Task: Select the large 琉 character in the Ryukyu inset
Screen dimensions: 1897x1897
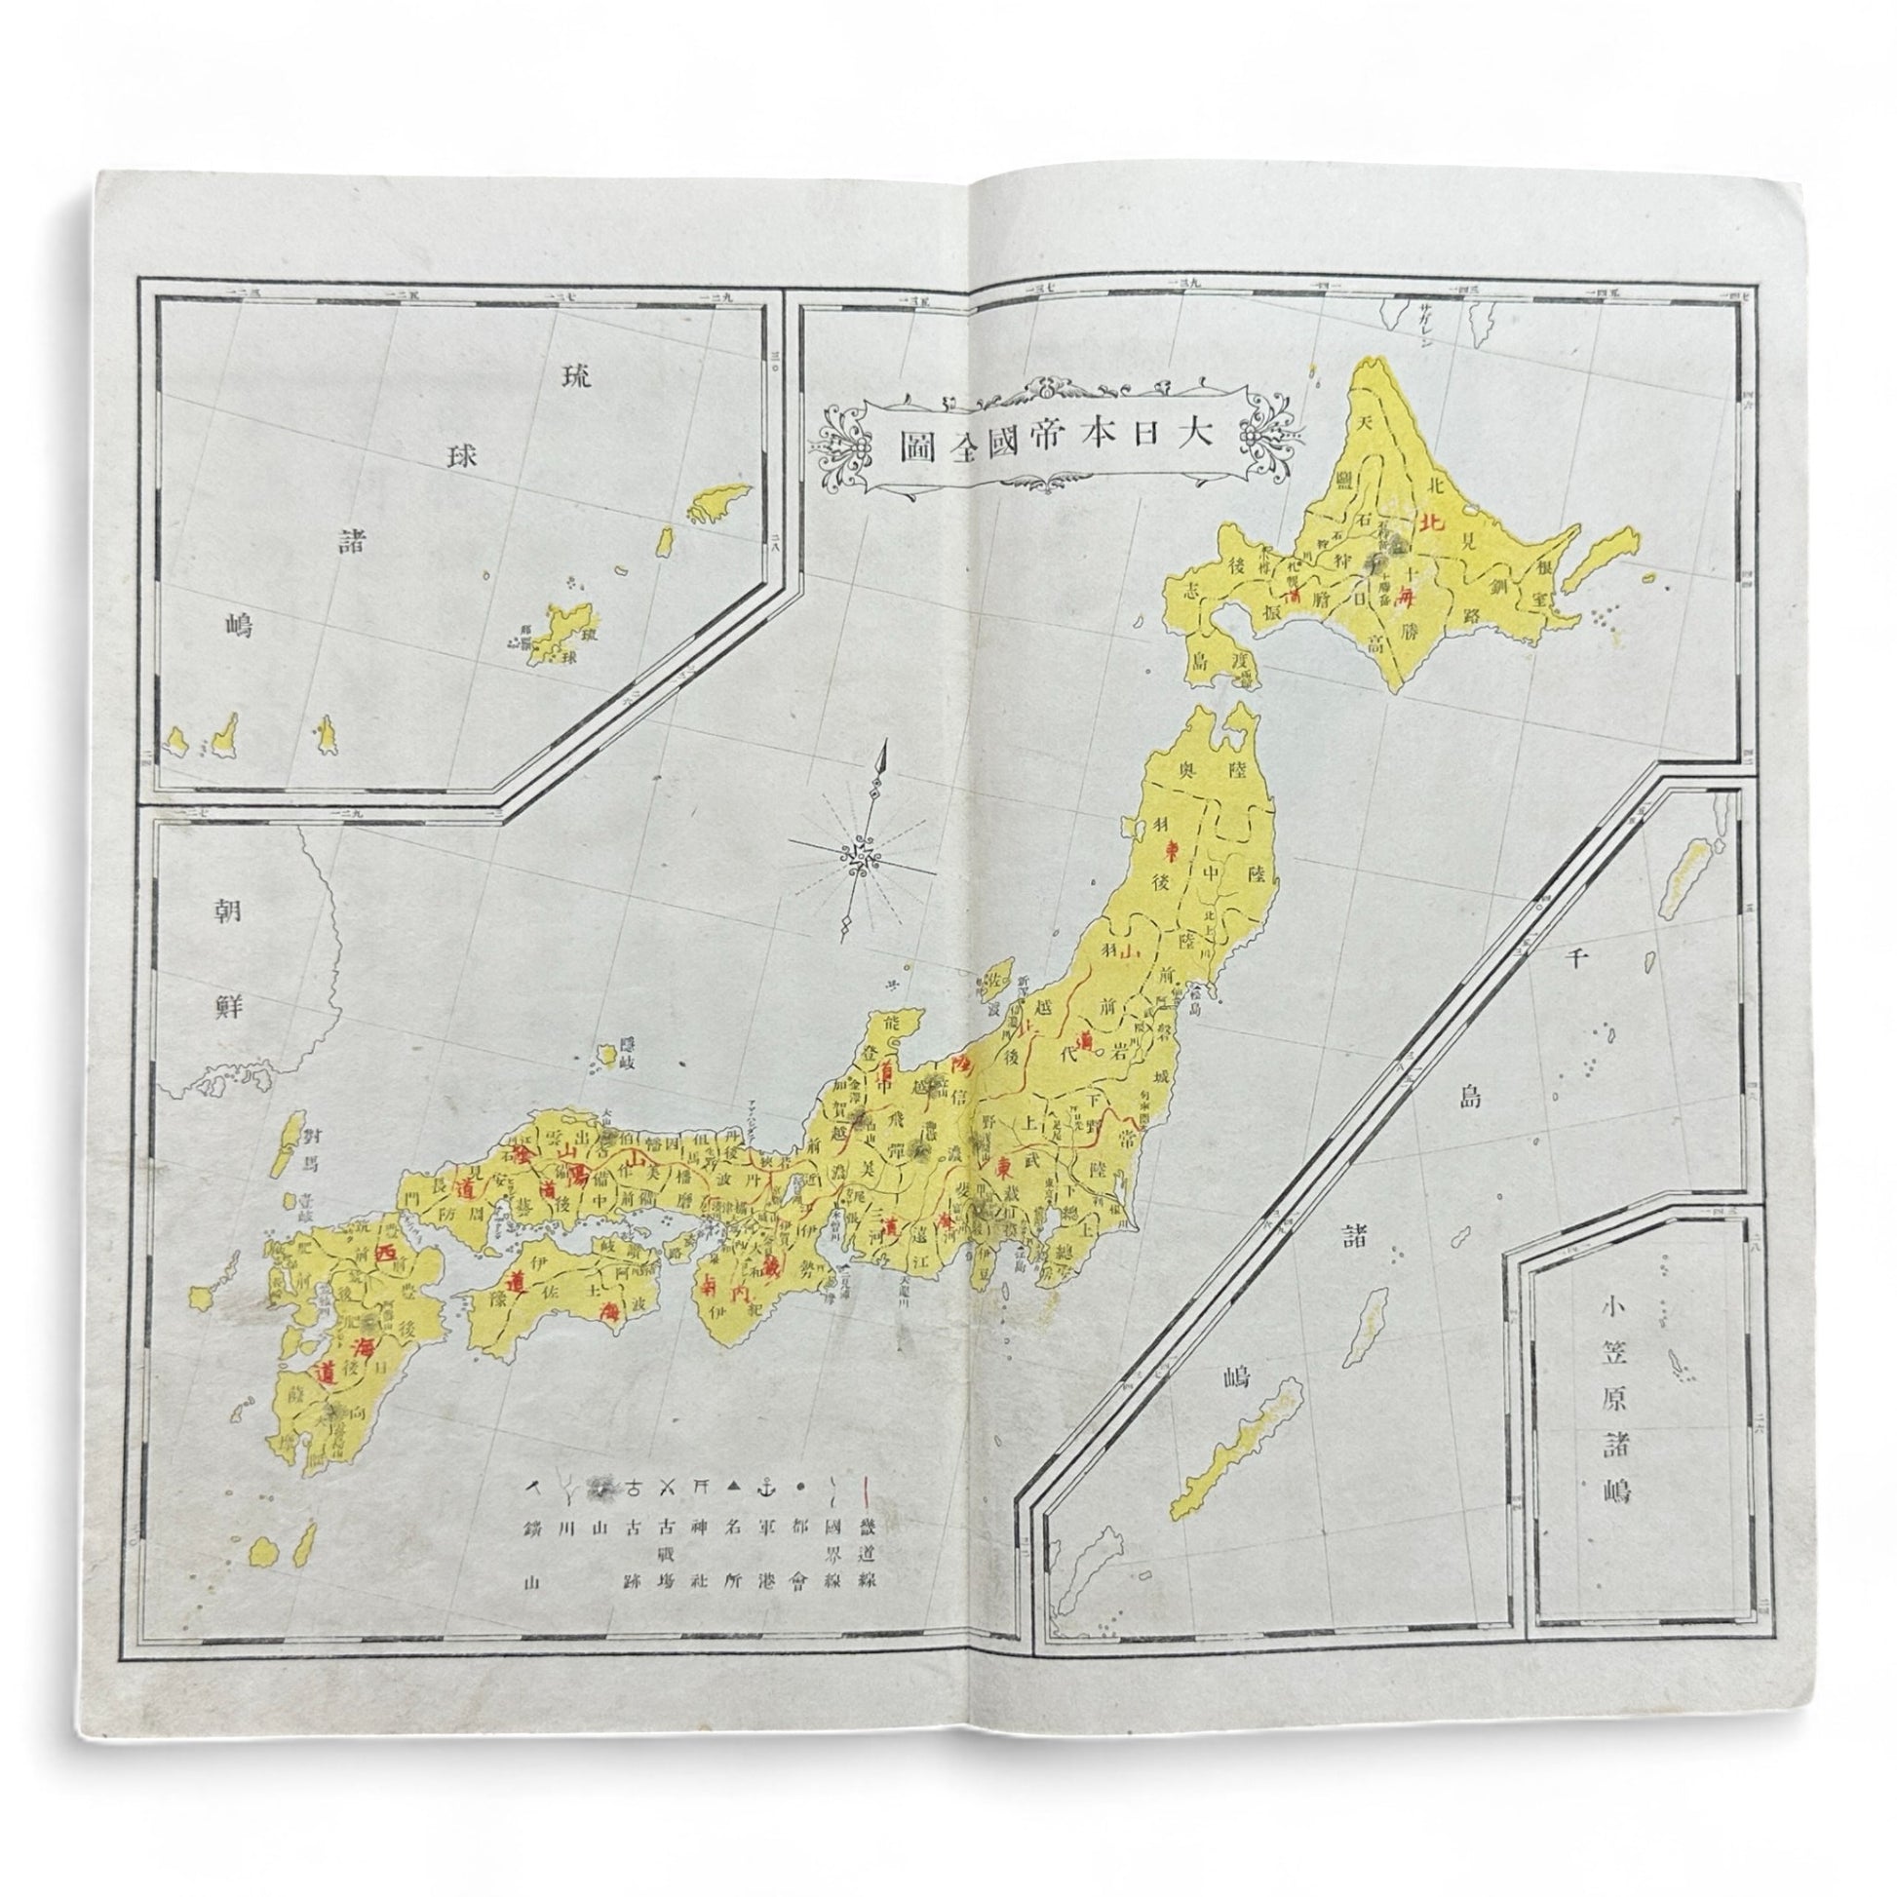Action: [576, 379]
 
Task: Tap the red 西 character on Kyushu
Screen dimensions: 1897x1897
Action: [387, 1254]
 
